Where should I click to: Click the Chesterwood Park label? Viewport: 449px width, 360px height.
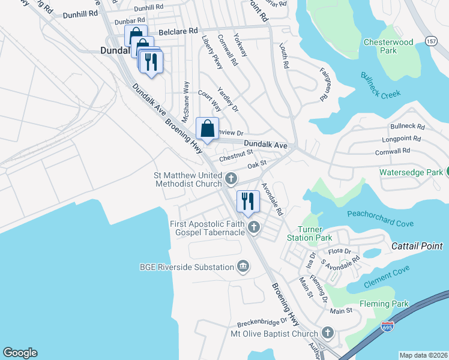click(388, 46)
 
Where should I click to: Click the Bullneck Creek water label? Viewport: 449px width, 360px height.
click(380, 86)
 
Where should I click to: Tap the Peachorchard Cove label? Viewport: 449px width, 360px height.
click(380, 219)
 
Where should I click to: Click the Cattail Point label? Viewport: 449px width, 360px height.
click(417, 246)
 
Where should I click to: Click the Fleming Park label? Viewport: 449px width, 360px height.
click(384, 304)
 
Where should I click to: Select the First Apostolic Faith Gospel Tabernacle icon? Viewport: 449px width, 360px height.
click(254, 227)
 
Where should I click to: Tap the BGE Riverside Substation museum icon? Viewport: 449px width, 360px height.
click(243, 267)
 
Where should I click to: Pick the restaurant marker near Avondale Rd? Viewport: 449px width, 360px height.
click(247, 201)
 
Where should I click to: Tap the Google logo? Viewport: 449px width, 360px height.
click(20, 353)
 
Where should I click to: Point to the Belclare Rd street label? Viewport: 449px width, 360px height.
click(178, 31)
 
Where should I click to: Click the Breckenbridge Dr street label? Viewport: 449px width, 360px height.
click(262, 323)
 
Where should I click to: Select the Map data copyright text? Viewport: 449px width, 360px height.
click(423, 355)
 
